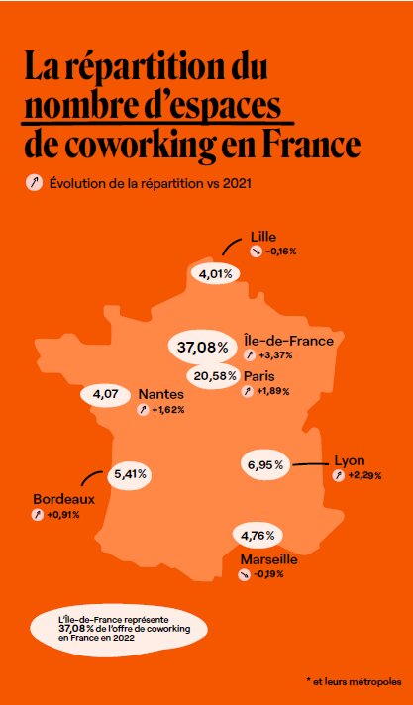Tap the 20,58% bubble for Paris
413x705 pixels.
214,376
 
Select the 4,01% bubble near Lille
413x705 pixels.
215,273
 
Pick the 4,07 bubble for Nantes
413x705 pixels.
106,395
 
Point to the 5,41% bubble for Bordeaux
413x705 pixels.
131,474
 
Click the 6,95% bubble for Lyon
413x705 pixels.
265,463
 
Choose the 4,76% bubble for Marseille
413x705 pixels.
258,537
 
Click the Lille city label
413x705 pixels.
263,237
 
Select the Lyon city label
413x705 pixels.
351,460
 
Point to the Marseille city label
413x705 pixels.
269,559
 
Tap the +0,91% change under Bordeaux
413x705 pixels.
63,515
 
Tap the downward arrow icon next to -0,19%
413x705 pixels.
245,574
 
